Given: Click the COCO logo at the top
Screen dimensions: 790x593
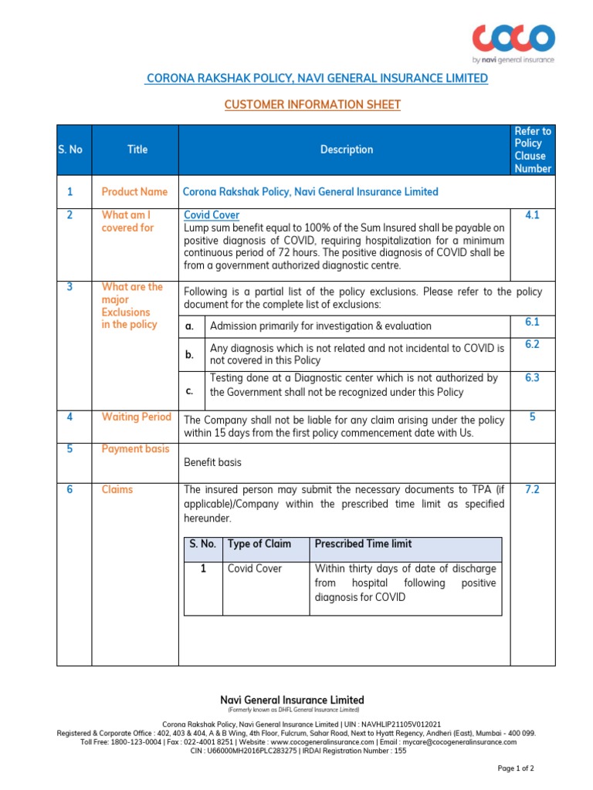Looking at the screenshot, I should (x=513, y=39).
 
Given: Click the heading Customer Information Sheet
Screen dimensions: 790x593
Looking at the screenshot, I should (x=313, y=104).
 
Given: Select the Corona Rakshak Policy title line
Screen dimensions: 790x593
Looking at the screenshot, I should (x=317, y=78).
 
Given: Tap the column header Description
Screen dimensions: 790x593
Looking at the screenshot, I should (x=347, y=150).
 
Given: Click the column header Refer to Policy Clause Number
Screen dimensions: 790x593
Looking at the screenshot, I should (x=533, y=150).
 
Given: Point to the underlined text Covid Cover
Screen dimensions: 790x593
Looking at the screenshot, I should (x=212, y=215).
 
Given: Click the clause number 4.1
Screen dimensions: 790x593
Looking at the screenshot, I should (x=532, y=215).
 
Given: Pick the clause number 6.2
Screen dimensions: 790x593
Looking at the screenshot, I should (x=532, y=344).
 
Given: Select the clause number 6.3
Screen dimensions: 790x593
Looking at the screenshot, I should (x=532, y=377).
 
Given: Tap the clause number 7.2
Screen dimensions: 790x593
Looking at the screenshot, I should (x=532, y=489).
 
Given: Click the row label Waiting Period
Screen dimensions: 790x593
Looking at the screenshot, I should (x=137, y=417).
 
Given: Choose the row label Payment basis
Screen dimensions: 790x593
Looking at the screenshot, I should (x=135, y=449).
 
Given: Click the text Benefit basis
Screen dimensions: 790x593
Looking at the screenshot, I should (x=212, y=462).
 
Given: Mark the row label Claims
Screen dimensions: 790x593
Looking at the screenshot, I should (x=117, y=489).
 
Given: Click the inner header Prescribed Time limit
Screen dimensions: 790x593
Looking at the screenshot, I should (x=363, y=544).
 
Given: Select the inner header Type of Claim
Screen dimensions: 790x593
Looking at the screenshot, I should (x=259, y=544).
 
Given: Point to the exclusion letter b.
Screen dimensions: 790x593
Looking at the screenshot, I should (x=189, y=355).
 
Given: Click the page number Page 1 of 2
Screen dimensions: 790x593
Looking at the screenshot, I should (x=514, y=768).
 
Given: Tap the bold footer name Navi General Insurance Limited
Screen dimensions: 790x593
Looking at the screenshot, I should (x=293, y=700).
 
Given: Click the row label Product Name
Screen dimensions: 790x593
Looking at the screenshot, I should (x=134, y=191).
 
